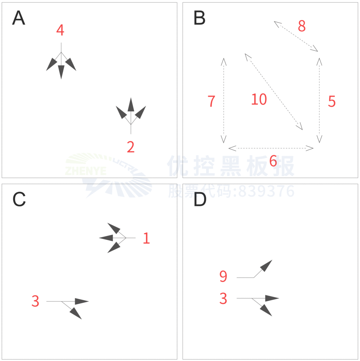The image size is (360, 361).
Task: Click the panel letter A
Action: pos(18,18)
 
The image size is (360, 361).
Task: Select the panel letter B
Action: pos(199,18)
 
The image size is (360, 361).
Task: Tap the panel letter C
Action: pos(19,199)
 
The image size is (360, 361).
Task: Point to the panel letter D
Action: pos(200,199)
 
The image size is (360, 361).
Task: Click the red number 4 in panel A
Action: pos(60,30)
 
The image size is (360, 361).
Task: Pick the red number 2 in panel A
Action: pos(131,147)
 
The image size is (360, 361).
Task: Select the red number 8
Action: pos(302,26)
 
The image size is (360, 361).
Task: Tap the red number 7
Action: pos(211,101)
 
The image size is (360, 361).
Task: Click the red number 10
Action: pos(259,99)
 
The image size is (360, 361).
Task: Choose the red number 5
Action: pos(332,101)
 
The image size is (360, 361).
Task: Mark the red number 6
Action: pos(273,161)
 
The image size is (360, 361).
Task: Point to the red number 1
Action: pos(147,238)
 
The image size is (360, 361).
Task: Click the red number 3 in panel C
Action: pos(35,301)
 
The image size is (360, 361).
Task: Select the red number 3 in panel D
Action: pos(223,298)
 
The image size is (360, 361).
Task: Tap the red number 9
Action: pos(223,276)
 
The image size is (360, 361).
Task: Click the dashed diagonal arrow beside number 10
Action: pos(274,92)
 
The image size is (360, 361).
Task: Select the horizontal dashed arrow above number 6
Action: pos(271,148)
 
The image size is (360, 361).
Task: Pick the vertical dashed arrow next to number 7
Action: pos(224,100)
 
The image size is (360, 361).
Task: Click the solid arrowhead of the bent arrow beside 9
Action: pos(266,266)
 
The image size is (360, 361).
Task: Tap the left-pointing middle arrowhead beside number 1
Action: pos(106,238)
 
